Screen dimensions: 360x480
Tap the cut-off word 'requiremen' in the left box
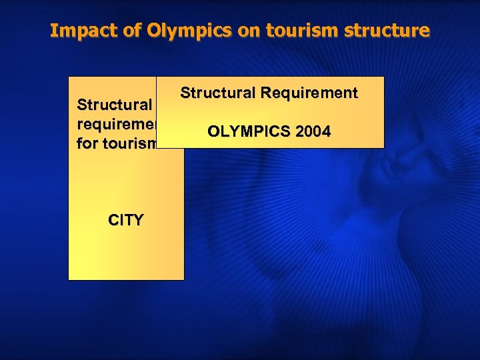117,124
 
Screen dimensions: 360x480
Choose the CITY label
125,220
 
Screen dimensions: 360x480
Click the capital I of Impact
54,31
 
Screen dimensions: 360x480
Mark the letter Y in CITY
137,220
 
